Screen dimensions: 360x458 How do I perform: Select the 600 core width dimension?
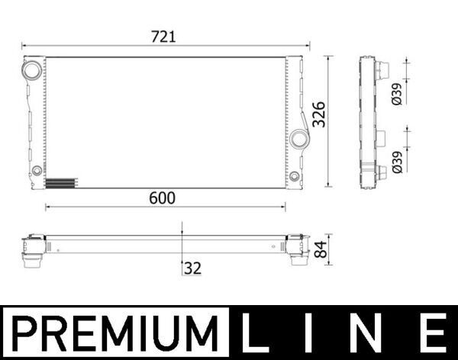(162, 197)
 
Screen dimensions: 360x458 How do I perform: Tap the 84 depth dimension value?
(321, 248)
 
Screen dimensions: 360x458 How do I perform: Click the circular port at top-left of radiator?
(33, 70)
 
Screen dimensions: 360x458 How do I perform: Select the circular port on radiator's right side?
(299, 139)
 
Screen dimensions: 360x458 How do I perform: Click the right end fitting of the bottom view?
(293, 249)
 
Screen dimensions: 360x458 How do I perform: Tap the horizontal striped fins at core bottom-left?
(61, 182)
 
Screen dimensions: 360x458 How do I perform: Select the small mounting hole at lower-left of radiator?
(36, 169)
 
